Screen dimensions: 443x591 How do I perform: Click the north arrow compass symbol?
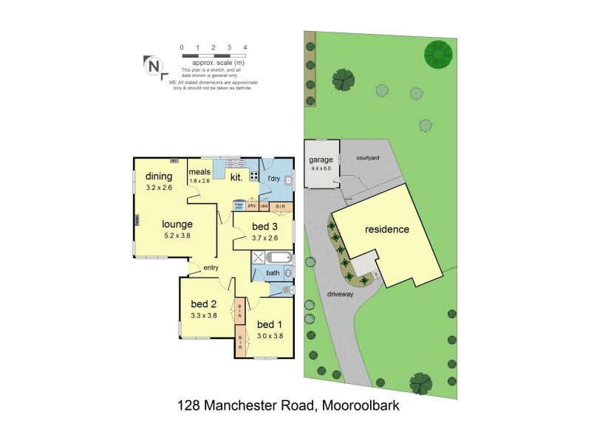[154, 66]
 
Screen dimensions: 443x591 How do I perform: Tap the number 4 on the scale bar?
[245, 47]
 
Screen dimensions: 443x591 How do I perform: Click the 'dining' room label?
[159, 176]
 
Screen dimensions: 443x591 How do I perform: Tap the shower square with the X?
[258, 258]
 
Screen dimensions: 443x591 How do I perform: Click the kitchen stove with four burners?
[255, 176]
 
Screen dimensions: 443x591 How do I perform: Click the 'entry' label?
[211, 267]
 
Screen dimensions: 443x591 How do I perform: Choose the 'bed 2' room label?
[203, 303]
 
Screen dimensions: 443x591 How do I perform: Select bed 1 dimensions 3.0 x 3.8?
[269, 336]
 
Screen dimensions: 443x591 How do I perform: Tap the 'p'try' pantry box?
[251, 206]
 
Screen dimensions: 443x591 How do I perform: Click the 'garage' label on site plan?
[321, 159]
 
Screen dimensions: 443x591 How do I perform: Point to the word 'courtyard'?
[367, 157]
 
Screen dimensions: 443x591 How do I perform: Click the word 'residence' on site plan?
[386, 230]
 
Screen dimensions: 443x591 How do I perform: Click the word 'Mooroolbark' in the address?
[361, 405]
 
